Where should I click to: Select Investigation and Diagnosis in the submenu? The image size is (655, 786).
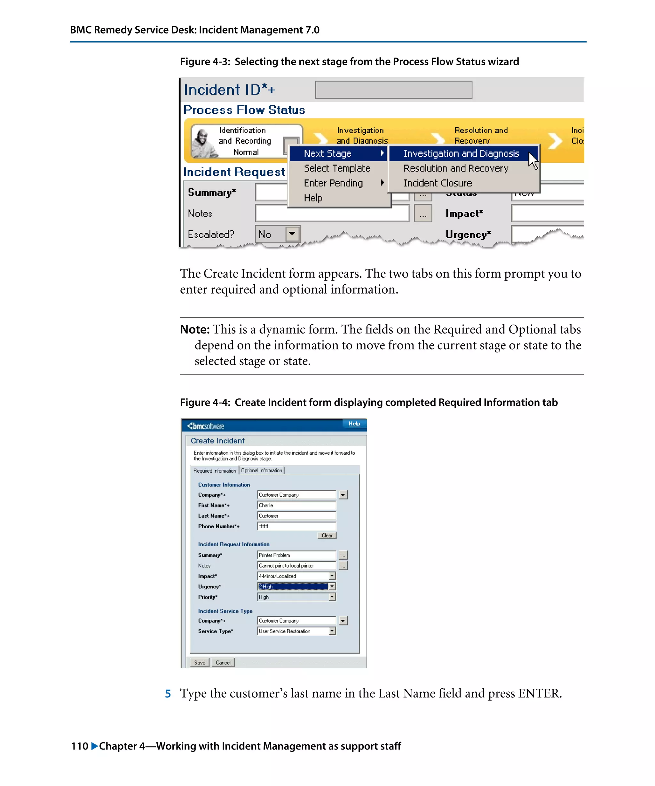[x=461, y=153]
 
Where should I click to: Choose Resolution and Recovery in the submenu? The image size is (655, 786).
[x=455, y=169]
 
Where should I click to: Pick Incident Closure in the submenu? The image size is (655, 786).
[x=437, y=183]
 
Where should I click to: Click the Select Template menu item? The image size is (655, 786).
[x=337, y=169]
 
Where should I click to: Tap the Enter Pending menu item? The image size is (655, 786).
[x=333, y=183]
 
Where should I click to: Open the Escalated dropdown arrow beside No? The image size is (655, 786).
[x=292, y=234]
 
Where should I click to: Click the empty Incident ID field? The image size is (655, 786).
[x=393, y=90]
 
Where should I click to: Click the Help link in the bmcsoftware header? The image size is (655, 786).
[x=354, y=424]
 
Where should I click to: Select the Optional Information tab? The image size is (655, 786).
[x=261, y=470]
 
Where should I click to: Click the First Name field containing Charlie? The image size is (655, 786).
[x=296, y=505]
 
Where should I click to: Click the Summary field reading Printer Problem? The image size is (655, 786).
[x=296, y=555]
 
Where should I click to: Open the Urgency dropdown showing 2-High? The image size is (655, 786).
[x=332, y=586]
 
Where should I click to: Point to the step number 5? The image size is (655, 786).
[x=168, y=694]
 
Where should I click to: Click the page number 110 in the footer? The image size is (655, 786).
[x=79, y=746]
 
